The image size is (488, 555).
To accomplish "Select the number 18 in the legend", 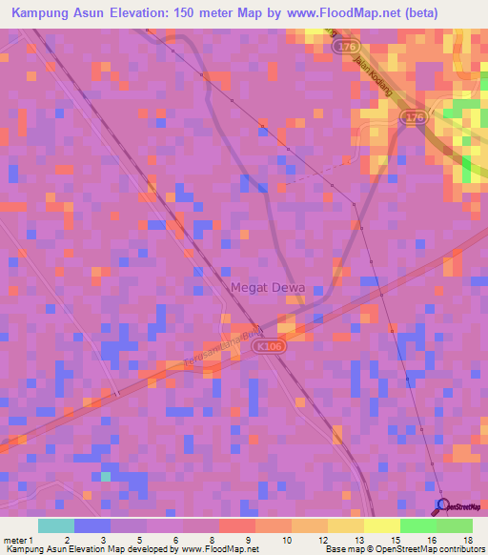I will coord(467,540).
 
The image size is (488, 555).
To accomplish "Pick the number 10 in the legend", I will coord(254,540).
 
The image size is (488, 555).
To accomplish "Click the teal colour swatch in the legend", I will coord(55,525).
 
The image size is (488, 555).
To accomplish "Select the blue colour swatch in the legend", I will coord(91,525).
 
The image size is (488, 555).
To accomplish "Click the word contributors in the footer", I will coord(461,549).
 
